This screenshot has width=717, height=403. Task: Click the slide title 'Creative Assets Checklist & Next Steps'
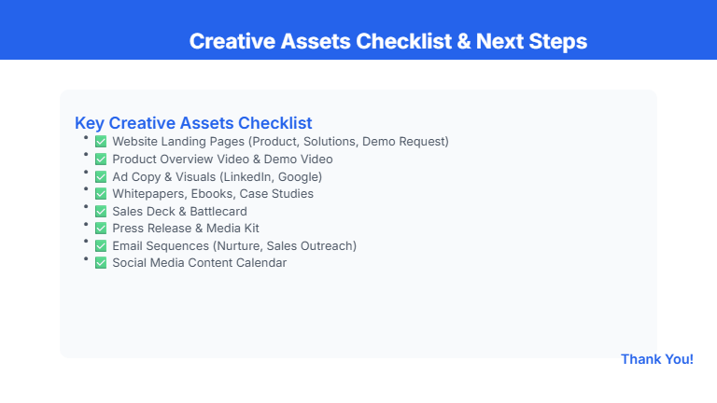pyautogui.click(x=387, y=41)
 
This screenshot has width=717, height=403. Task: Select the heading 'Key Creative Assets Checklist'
pyautogui.click(x=193, y=122)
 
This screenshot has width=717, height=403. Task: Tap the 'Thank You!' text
pyautogui.click(x=656, y=359)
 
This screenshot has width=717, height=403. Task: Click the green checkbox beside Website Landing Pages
pyautogui.click(x=101, y=142)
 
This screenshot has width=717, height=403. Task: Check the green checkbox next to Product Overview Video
pyautogui.click(x=101, y=160)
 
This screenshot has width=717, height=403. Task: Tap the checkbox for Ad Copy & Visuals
pyautogui.click(x=101, y=176)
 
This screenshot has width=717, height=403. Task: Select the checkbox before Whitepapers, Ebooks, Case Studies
pyautogui.click(x=101, y=194)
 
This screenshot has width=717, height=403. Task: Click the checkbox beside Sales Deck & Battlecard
pyautogui.click(x=101, y=212)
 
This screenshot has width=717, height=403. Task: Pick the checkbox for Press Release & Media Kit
pyautogui.click(x=101, y=229)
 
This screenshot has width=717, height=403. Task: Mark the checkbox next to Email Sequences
pyautogui.click(x=101, y=246)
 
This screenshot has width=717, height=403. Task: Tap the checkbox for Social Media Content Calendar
pyautogui.click(x=101, y=263)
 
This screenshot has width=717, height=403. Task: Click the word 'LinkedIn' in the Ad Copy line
pyautogui.click(x=248, y=176)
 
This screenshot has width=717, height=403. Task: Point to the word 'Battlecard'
pyautogui.click(x=217, y=212)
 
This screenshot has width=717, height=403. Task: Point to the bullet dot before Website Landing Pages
pyautogui.click(x=86, y=137)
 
